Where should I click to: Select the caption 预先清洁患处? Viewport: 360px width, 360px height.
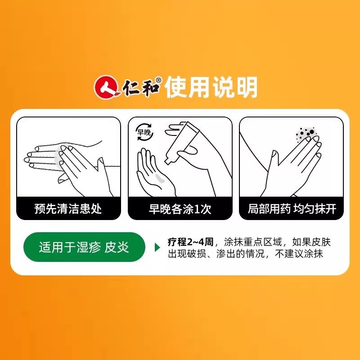click(x=68, y=209)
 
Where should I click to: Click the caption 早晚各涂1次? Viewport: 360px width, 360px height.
click(x=180, y=209)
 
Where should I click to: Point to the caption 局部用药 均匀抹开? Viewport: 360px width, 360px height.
click(x=292, y=209)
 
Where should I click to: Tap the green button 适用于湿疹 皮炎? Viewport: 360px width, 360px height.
click(x=84, y=248)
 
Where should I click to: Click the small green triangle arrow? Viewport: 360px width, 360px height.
click(x=157, y=248)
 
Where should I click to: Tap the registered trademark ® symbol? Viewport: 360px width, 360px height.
click(x=158, y=78)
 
